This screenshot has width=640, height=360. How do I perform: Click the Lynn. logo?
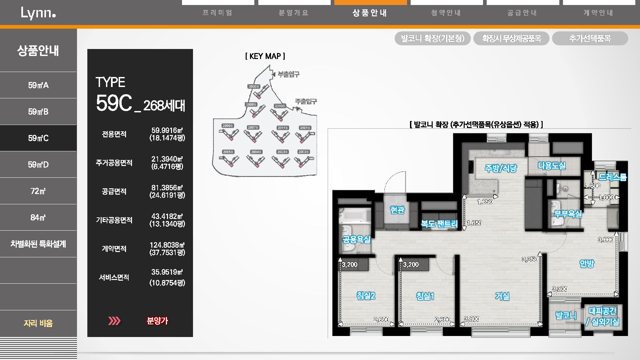pos(38,13)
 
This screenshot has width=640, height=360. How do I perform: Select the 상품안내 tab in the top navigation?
pos(370,13)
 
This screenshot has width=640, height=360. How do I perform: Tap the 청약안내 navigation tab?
pos(446,13)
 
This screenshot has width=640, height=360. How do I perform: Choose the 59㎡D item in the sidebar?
pos(38,165)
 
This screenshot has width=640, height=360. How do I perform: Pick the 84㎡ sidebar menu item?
pos(38,218)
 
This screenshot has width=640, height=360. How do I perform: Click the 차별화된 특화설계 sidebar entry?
pos(38,244)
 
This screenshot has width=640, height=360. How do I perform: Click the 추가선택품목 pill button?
pos(590,39)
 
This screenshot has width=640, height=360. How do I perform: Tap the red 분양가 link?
pos(157,321)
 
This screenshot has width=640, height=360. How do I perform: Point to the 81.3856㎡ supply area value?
pos(167,188)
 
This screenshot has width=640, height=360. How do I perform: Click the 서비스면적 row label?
pos(114,277)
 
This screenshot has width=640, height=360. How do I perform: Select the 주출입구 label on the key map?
pos(306,101)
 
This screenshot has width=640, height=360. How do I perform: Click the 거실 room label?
pos(502,296)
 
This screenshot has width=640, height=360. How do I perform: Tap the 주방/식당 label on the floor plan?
pos(501,168)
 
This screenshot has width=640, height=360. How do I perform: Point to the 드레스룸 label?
pos(613,177)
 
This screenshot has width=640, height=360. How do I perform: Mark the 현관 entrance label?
pos(397,210)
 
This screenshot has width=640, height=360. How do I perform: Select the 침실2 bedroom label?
pos(366,296)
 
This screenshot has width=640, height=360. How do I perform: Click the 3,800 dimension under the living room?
pos(472,319)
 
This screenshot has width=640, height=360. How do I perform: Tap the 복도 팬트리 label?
pos(439,224)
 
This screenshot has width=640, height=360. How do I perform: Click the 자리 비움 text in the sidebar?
pos(38,323)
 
